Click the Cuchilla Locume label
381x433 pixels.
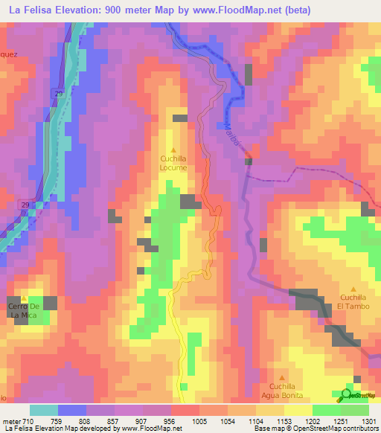[174, 163]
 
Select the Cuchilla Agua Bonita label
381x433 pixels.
[283, 391]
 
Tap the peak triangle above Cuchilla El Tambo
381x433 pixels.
[353, 289]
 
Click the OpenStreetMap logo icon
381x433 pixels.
[347, 395]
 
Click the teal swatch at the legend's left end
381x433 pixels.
[43, 410]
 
